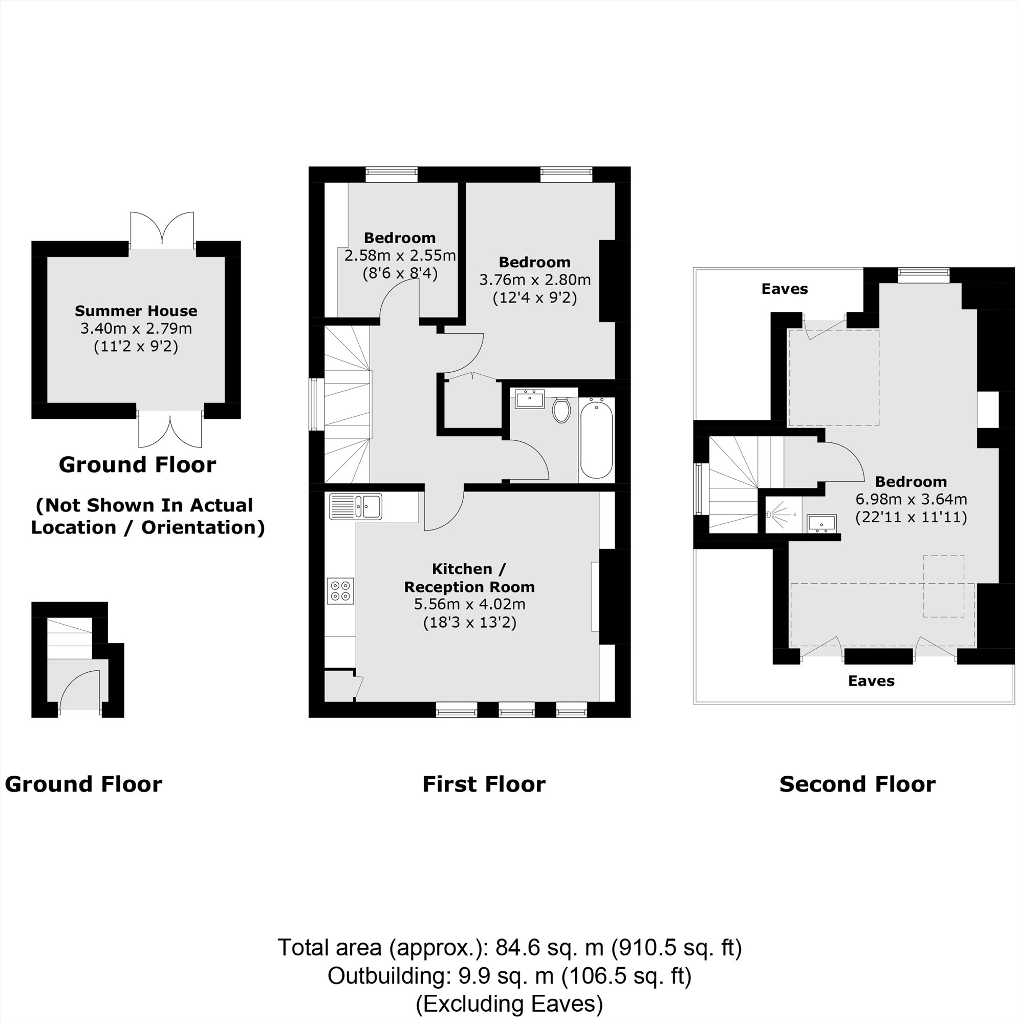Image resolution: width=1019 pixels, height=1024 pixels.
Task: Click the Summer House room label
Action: (x=136, y=311)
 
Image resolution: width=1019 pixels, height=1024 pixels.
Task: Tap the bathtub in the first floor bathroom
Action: (x=596, y=439)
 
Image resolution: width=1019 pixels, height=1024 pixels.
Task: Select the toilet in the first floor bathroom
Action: (x=560, y=410)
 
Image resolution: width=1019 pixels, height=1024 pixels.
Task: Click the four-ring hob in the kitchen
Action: (x=340, y=590)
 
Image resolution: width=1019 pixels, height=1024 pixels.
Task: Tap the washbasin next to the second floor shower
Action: (x=821, y=523)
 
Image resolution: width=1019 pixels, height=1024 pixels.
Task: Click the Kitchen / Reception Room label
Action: (x=469, y=578)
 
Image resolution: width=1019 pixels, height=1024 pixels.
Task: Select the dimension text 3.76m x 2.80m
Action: (x=535, y=280)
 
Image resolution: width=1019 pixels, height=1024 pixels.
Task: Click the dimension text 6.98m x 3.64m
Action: (x=911, y=499)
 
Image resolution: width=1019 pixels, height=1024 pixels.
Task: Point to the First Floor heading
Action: (x=483, y=784)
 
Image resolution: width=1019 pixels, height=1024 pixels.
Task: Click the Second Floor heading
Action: (x=857, y=784)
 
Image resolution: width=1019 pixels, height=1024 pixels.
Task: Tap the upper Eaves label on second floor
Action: (x=784, y=289)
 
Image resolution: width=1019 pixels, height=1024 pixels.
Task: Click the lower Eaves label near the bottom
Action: (x=871, y=681)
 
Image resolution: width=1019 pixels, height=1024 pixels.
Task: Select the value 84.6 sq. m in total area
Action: (x=549, y=947)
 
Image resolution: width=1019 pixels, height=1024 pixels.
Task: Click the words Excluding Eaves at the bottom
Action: (x=509, y=1004)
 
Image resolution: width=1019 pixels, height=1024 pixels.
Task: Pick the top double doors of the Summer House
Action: (x=162, y=229)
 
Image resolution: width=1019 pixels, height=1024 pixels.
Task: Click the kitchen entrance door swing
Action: (x=444, y=510)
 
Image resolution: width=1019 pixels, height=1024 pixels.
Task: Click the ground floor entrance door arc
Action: (x=79, y=690)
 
